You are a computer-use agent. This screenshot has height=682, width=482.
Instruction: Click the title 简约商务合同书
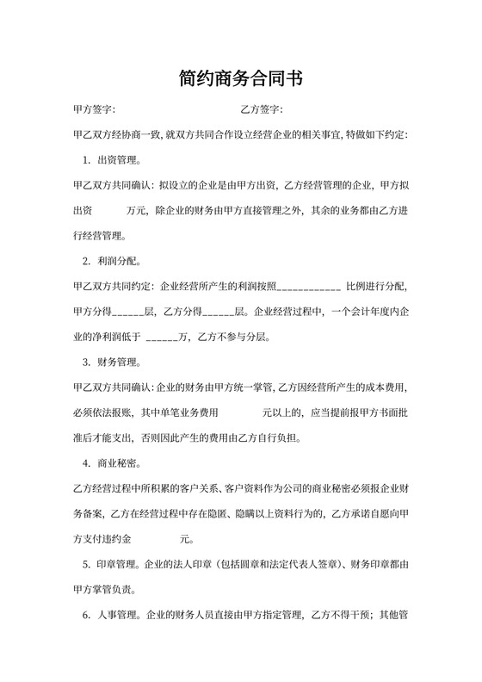point(241,78)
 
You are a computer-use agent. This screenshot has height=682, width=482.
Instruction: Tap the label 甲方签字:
point(94,110)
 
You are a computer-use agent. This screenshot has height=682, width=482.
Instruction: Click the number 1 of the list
point(86,159)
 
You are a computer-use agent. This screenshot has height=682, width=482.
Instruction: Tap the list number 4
point(86,463)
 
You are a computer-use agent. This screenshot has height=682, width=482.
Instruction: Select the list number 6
point(86,616)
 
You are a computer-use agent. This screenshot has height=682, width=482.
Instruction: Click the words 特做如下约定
point(376,135)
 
